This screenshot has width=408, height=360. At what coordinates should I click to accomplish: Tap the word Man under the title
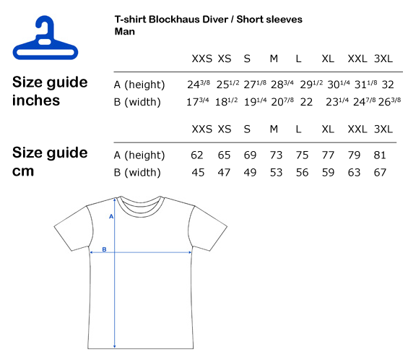pos(125,32)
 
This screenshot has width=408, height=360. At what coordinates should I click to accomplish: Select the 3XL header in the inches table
pos(383,59)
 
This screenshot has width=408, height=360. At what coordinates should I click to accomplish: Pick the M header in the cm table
pos(274,129)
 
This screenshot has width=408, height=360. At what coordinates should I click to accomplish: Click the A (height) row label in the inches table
pos(139,85)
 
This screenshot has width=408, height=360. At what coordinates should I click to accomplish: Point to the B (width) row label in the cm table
pos(137,173)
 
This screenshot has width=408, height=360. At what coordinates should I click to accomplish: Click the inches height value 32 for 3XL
pos(388,85)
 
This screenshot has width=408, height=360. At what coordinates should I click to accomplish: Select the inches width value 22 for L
pos(306,102)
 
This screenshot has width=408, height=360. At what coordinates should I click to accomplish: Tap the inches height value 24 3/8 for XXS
pos(199,84)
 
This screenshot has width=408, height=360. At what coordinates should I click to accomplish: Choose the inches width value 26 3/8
pos(389,102)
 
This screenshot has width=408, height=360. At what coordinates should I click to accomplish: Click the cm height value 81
pos(380,155)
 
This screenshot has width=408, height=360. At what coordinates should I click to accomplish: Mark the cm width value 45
pos(198,173)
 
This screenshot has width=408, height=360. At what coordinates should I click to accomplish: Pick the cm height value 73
pos(276,155)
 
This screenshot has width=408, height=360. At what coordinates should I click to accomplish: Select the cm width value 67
pos(380,173)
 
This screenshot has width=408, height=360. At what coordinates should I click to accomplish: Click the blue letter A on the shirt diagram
pos(111,216)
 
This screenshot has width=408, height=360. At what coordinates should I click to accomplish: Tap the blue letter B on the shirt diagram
pos(104,249)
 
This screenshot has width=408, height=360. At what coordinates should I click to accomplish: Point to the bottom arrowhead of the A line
pos(115,346)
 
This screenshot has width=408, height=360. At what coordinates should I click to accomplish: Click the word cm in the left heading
pos(23,171)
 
